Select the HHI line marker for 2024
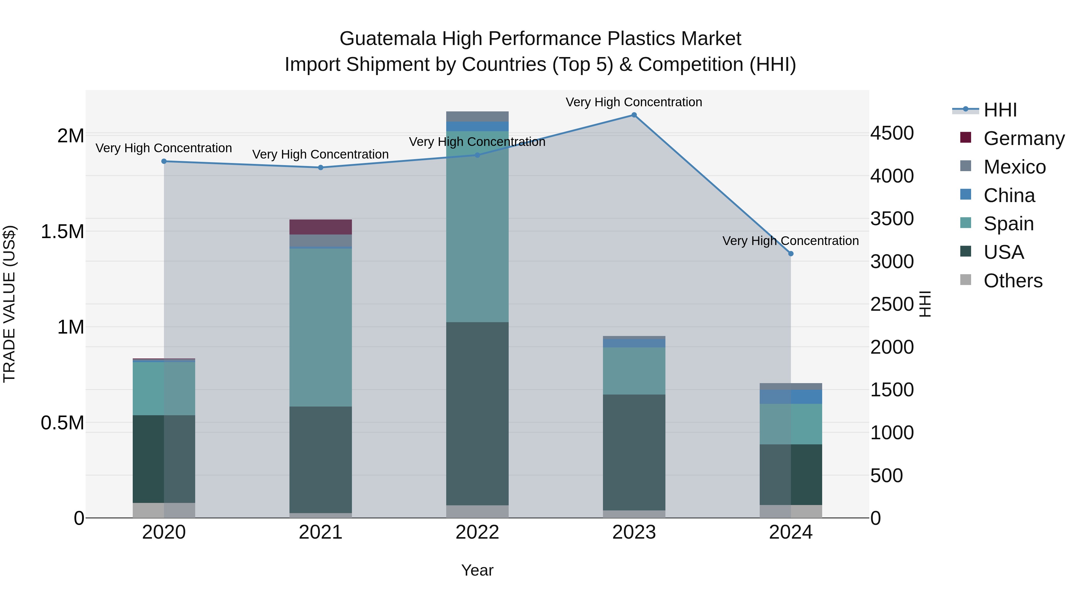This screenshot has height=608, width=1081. (x=791, y=253)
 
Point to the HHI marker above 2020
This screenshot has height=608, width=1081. (x=164, y=161)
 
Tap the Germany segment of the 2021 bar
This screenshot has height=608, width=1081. (x=321, y=227)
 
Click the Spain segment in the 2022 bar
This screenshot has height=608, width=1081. (x=477, y=227)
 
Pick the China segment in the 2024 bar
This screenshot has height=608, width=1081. (x=791, y=397)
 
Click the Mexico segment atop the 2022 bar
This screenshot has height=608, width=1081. (x=477, y=116)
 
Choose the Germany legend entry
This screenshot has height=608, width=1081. (x=1024, y=138)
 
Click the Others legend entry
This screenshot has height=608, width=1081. (x=1013, y=281)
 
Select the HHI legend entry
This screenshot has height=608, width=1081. (x=1000, y=110)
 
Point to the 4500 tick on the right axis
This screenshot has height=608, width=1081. (x=892, y=133)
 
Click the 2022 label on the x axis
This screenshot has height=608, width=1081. (x=477, y=532)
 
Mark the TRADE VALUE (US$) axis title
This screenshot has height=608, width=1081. (x=9, y=304)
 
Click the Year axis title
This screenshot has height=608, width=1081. (x=477, y=570)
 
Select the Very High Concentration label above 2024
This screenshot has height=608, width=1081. (x=790, y=241)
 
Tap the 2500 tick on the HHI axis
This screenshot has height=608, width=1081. (x=892, y=304)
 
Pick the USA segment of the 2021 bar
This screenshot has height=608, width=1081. (x=321, y=459)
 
